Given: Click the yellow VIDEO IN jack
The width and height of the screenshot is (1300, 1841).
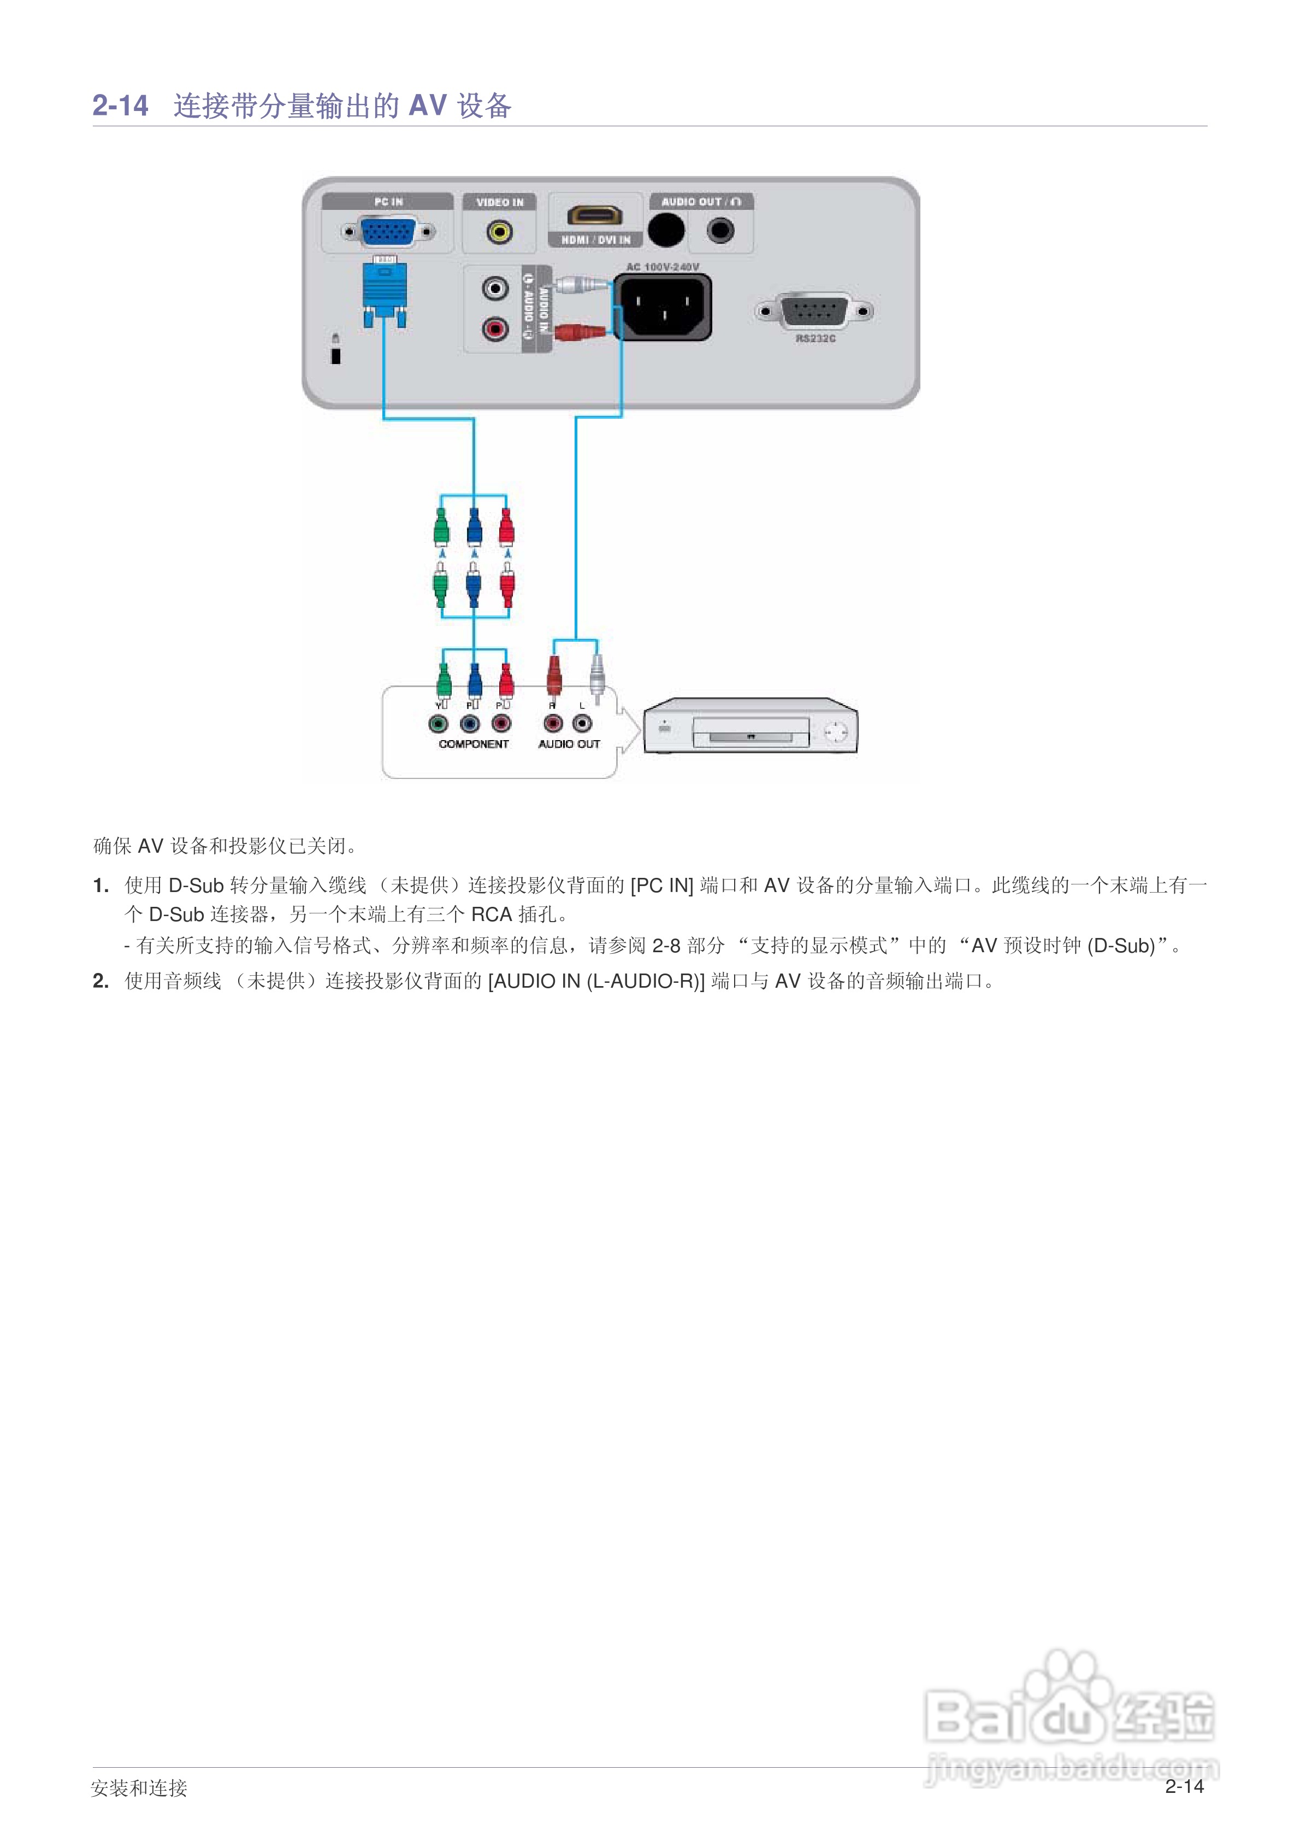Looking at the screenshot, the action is tap(499, 232).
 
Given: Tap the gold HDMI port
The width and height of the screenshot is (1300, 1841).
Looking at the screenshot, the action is tap(595, 215).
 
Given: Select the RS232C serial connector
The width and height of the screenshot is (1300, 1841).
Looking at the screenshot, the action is tap(814, 311).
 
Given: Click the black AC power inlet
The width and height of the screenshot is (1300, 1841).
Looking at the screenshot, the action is tap(663, 307).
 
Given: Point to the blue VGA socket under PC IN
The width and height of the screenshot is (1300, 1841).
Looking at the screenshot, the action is tap(388, 232).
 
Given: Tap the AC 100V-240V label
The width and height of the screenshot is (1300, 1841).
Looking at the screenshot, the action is tap(662, 267).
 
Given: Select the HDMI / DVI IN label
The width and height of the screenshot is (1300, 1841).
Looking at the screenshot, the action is tap(595, 240).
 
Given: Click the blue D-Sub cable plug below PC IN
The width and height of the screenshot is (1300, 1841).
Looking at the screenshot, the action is tap(385, 290).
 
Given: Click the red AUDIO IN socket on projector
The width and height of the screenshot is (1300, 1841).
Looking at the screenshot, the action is tap(494, 328).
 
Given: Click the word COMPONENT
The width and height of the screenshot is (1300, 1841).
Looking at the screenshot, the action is tap(474, 744).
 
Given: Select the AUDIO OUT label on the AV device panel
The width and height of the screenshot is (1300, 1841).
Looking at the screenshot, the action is tap(569, 744).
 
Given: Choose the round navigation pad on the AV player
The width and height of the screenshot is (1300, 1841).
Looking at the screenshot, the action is tap(835, 731).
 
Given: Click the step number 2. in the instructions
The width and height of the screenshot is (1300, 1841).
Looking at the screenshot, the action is tap(101, 981).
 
